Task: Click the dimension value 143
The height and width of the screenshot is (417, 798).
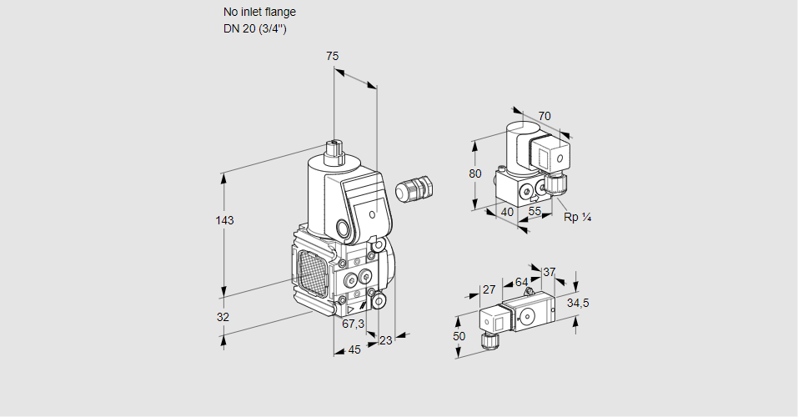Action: click(x=224, y=220)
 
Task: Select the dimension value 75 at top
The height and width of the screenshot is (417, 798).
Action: click(x=332, y=56)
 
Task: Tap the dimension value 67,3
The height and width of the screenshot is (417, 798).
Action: click(x=354, y=324)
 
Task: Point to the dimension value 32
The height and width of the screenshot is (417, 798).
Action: click(x=223, y=318)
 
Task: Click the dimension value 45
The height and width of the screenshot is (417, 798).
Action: click(x=354, y=350)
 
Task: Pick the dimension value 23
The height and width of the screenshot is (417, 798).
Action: click(x=385, y=340)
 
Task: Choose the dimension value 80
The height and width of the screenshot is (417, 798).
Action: click(x=475, y=174)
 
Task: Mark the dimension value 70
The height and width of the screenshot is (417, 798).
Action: click(x=545, y=116)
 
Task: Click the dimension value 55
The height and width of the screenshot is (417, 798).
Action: click(x=535, y=212)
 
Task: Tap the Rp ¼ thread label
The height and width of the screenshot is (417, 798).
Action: click(x=577, y=218)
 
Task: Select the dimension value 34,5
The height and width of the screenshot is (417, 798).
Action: click(x=577, y=303)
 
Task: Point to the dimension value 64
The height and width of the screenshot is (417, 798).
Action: click(x=521, y=283)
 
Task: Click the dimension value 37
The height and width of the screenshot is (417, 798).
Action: click(x=549, y=272)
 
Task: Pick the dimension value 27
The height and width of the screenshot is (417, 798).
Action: click(x=489, y=289)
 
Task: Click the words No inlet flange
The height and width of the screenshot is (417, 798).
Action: click(x=259, y=13)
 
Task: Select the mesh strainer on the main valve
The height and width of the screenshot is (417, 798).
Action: click(x=312, y=269)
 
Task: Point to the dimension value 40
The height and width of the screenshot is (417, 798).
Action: click(x=506, y=212)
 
